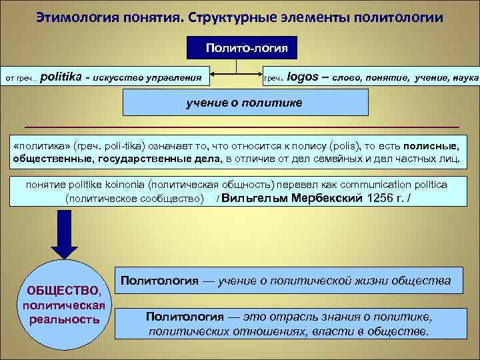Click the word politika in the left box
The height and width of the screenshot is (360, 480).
(x=63, y=77)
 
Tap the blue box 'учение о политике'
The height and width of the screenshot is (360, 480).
(x=246, y=103)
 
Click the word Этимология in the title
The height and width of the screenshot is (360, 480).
(x=73, y=16)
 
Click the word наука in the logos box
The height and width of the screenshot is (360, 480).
(x=465, y=77)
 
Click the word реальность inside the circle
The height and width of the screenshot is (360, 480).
(x=65, y=319)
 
